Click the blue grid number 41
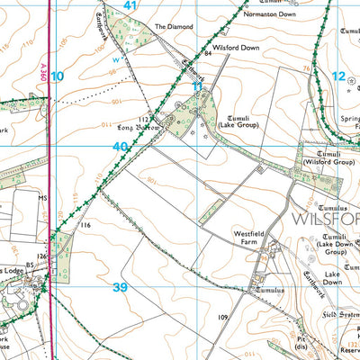130,6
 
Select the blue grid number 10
58,77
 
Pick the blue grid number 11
198,86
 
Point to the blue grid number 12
338,77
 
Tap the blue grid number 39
120,287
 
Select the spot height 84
207,55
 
